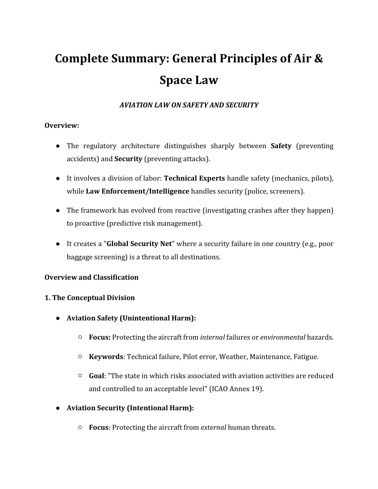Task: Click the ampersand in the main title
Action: pos(318,58)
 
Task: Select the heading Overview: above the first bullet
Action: pos(62,126)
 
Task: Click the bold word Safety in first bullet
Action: pos(281,146)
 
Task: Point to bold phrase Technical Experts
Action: pos(194,178)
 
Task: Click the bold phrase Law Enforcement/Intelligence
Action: pos(137,191)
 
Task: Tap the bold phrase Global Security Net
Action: pos(139,244)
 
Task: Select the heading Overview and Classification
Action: pos(91,277)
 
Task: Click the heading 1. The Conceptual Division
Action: pos(90,298)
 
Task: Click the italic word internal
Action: pos(212,337)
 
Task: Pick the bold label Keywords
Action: pos(106,357)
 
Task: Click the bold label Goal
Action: pos(96,376)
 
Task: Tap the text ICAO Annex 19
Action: pos(236,389)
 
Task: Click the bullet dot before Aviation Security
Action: pos(58,408)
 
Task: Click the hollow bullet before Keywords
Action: pos(80,357)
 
